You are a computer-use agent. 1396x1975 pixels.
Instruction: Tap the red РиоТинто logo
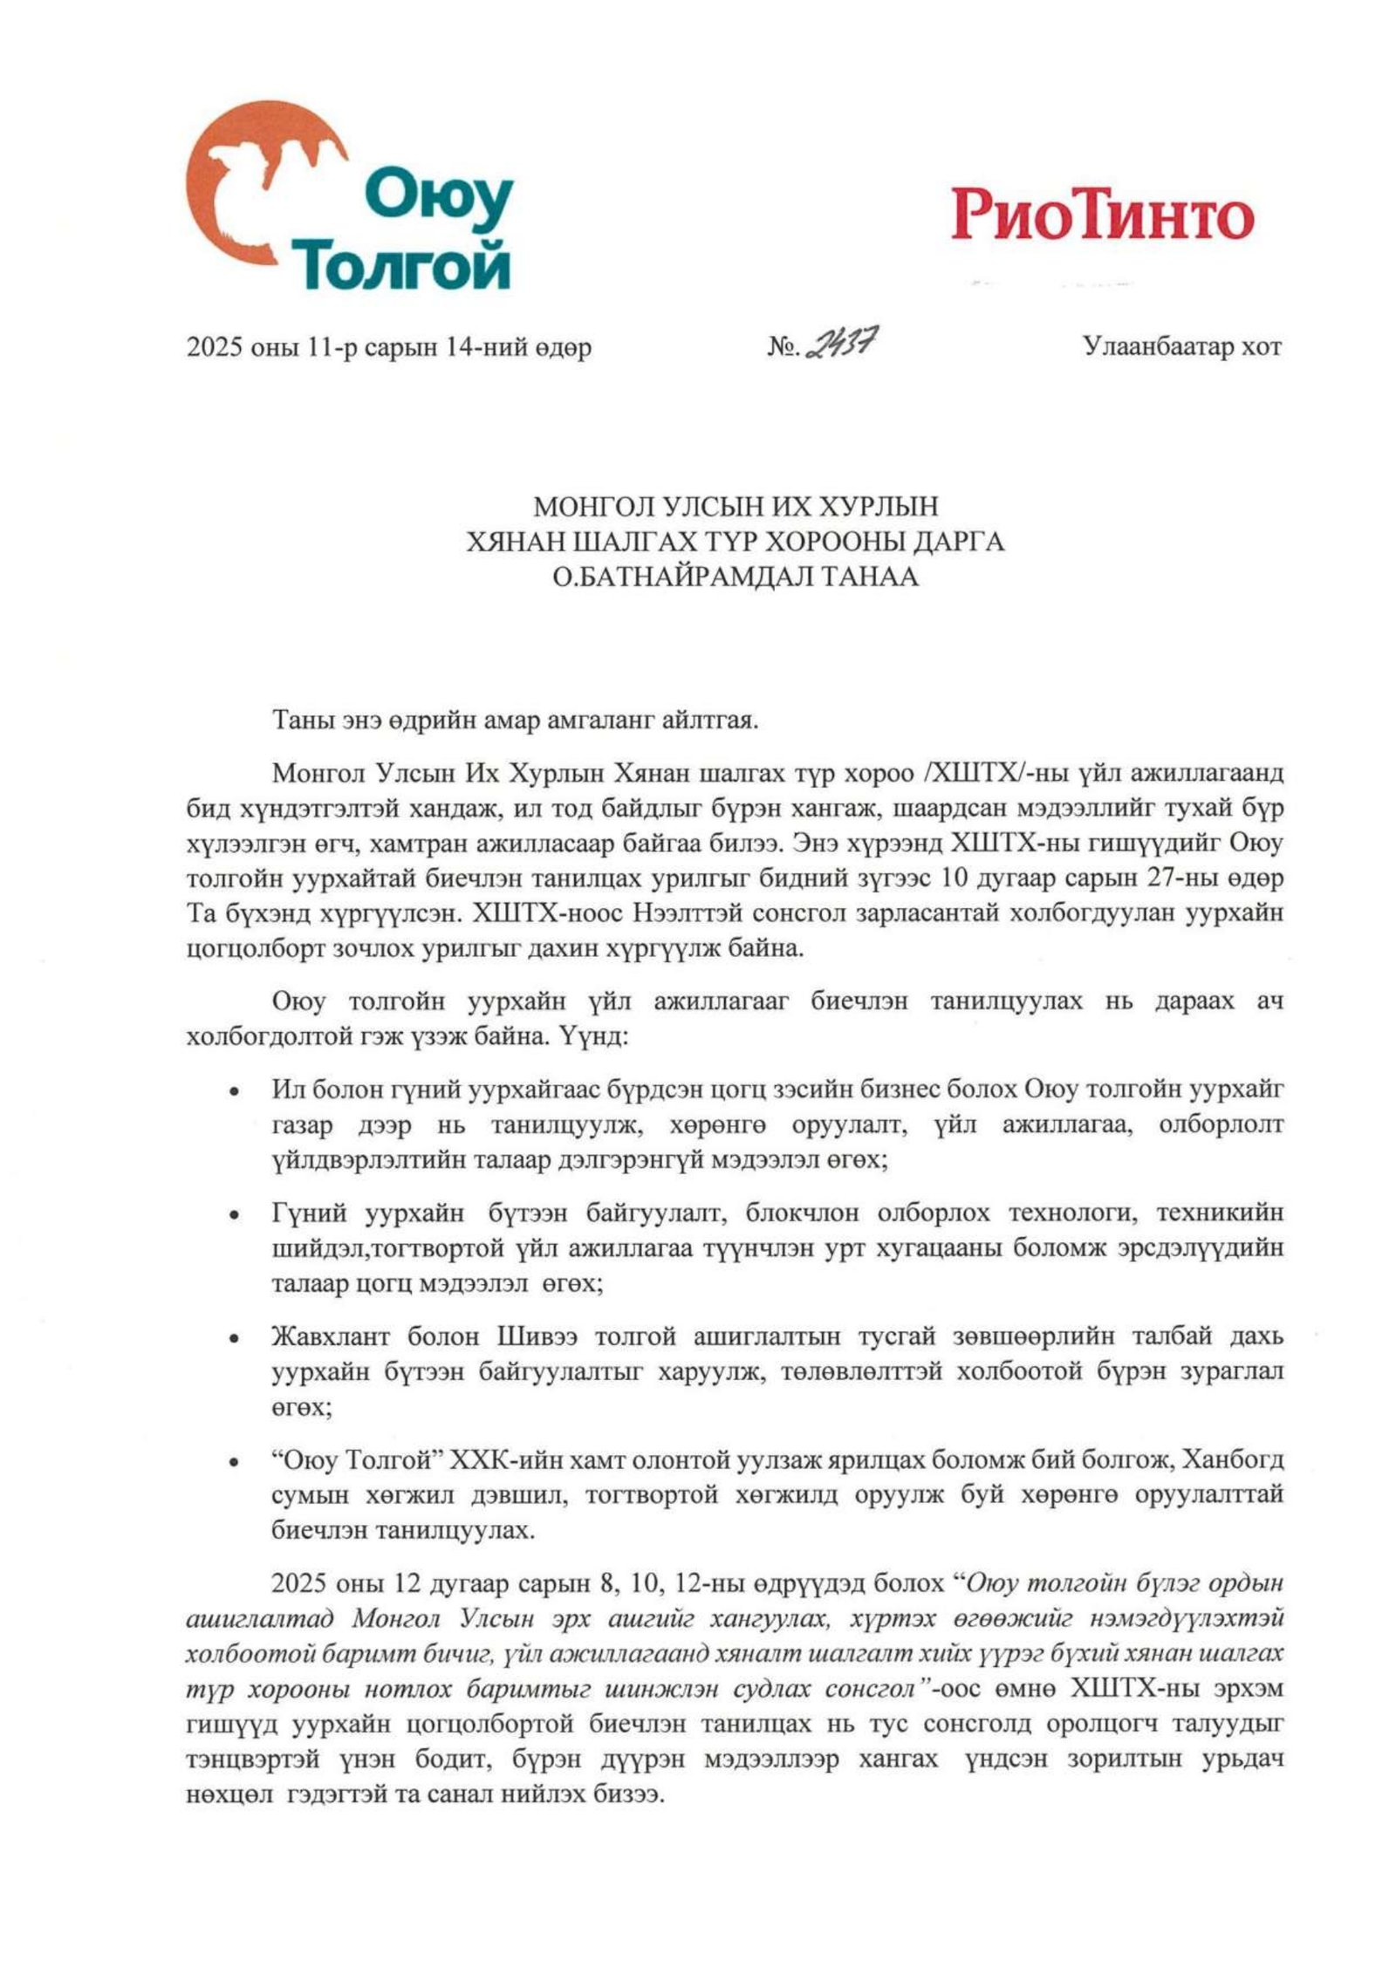coord(1102,215)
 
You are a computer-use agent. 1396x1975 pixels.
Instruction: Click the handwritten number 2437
coord(841,344)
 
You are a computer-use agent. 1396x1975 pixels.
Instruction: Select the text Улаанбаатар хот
coord(1182,346)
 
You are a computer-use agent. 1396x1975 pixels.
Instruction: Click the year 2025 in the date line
coord(213,347)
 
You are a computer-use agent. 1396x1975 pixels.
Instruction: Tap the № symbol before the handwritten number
coord(783,347)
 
